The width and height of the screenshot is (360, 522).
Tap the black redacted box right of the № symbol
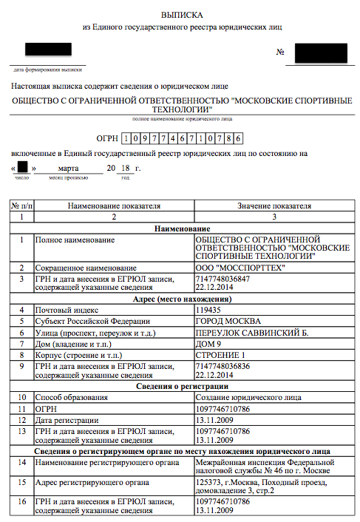320,53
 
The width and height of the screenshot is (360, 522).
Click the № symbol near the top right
280,53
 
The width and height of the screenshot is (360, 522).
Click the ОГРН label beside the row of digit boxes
108,138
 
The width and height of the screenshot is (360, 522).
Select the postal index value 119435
208,310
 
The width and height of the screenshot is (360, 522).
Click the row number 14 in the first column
21,462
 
